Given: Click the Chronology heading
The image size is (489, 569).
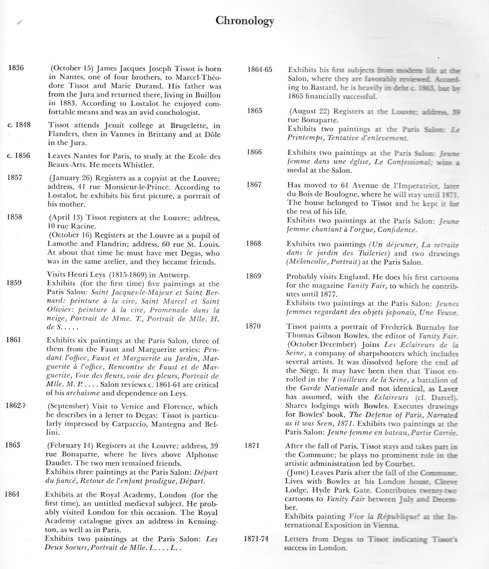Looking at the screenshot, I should pos(245,21).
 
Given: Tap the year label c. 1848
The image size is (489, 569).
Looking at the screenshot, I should pos(19,125).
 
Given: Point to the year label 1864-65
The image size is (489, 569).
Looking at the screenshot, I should pos(260,69).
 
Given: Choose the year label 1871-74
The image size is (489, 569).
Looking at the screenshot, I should pos(256,539).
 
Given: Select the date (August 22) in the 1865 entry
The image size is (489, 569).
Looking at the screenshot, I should pos(309,111).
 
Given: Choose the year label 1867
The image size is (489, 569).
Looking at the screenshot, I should pos(254,185).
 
